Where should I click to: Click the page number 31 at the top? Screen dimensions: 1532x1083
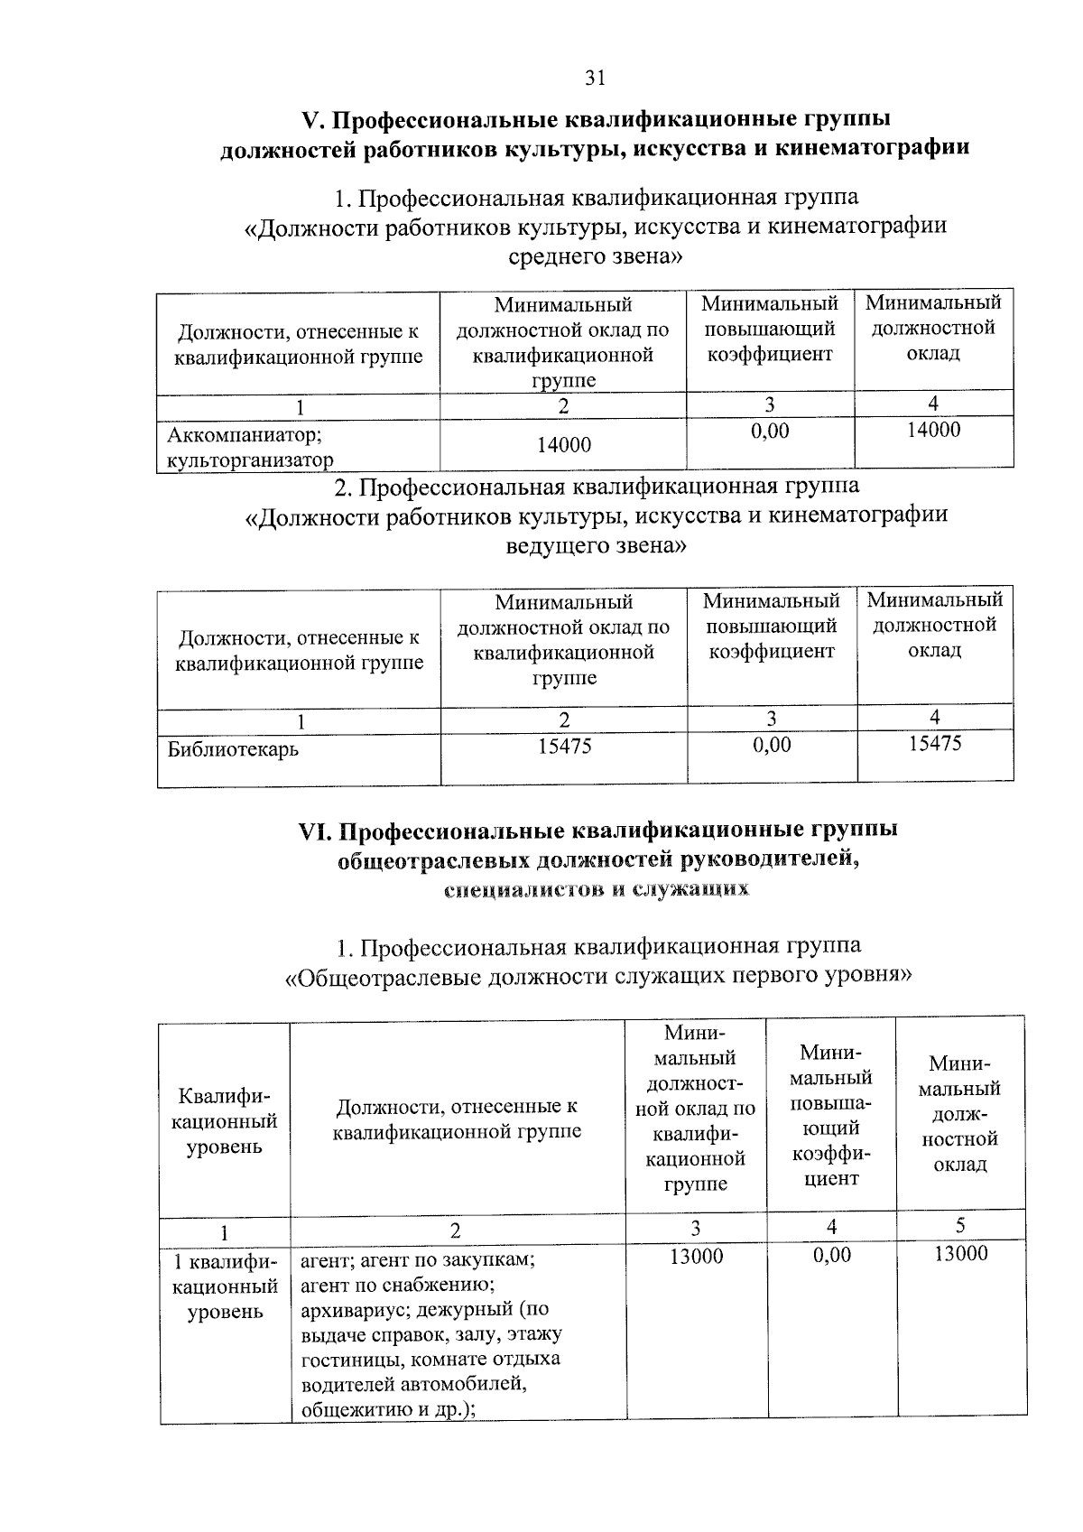(594, 79)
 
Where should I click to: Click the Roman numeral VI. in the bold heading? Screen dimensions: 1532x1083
(316, 830)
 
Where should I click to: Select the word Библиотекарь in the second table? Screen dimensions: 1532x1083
(233, 749)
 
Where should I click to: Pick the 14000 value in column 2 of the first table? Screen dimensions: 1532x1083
(563, 445)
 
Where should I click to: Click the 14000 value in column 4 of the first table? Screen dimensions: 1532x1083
(933, 430)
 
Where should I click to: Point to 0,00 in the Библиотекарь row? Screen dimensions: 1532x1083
(771, 745)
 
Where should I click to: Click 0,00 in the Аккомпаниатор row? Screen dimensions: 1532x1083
(770, 432)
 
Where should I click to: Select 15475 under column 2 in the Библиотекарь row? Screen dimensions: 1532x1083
(564, 745)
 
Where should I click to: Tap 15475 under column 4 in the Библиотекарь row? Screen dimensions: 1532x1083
(934, 743)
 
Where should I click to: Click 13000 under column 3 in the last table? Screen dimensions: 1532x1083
(696, 1256)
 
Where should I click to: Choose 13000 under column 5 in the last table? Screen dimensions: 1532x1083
(960, 1254)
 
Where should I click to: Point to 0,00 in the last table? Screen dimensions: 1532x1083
(831, 1255)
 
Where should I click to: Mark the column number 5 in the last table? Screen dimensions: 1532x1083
(960, 1225)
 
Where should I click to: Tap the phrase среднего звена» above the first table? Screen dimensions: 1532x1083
(596, 257)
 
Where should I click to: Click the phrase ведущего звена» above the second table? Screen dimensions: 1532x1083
(596, 546)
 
